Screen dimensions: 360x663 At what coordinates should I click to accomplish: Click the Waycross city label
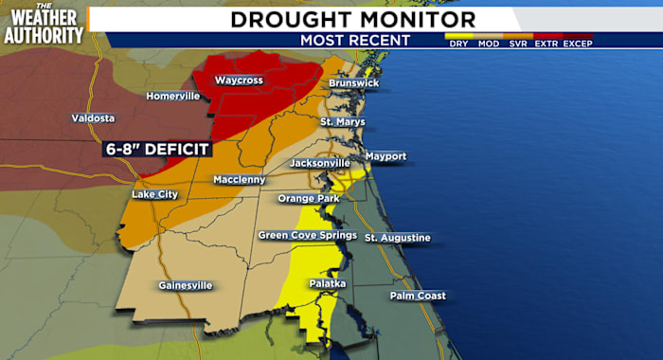tap(237, 81)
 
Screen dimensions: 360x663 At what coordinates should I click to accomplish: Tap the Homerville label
tap(172, 96)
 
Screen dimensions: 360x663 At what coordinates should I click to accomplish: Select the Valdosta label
tap(93, 118)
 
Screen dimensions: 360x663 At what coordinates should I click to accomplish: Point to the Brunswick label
tap(353, 83)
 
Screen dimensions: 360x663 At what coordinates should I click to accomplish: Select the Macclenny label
tap(239, 179)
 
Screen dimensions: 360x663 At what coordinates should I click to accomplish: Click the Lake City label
tap(154, 194)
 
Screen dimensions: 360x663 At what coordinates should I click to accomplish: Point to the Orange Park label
tap(307, 198)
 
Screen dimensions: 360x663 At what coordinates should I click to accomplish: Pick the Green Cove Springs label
tap(308, 235)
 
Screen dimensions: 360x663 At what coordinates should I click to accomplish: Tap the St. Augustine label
tap(398, 237)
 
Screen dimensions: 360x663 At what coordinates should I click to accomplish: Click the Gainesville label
tap(186, 285)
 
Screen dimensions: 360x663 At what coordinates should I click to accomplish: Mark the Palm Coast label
tap(418, 297)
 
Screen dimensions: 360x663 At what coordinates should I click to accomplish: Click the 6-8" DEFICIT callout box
tap(156, 149)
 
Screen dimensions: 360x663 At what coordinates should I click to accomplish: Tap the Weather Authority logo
tap(43, 24)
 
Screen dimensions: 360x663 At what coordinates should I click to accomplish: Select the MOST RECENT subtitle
tap(355, 40)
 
